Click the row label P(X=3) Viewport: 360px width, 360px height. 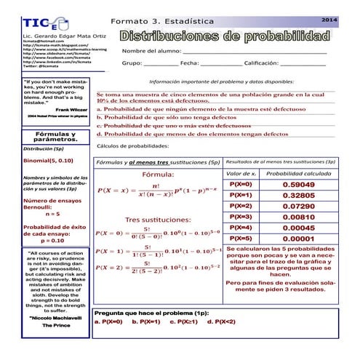click(241, 217)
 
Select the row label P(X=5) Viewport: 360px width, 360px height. click(241, 239)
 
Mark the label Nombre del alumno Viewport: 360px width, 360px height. click(151, 51)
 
